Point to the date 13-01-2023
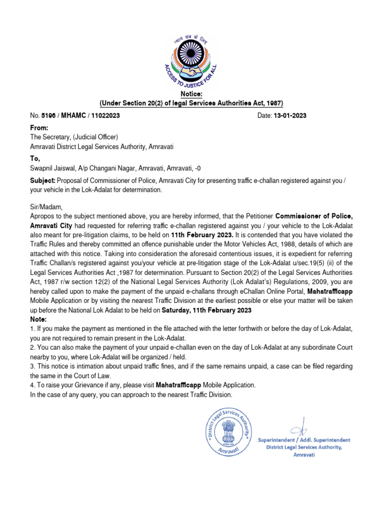coord(289,116)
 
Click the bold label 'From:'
coord(39,128)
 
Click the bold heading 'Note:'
coord(39,319)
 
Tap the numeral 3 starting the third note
coord(32,366)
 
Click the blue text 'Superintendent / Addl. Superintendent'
coord(304,440)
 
